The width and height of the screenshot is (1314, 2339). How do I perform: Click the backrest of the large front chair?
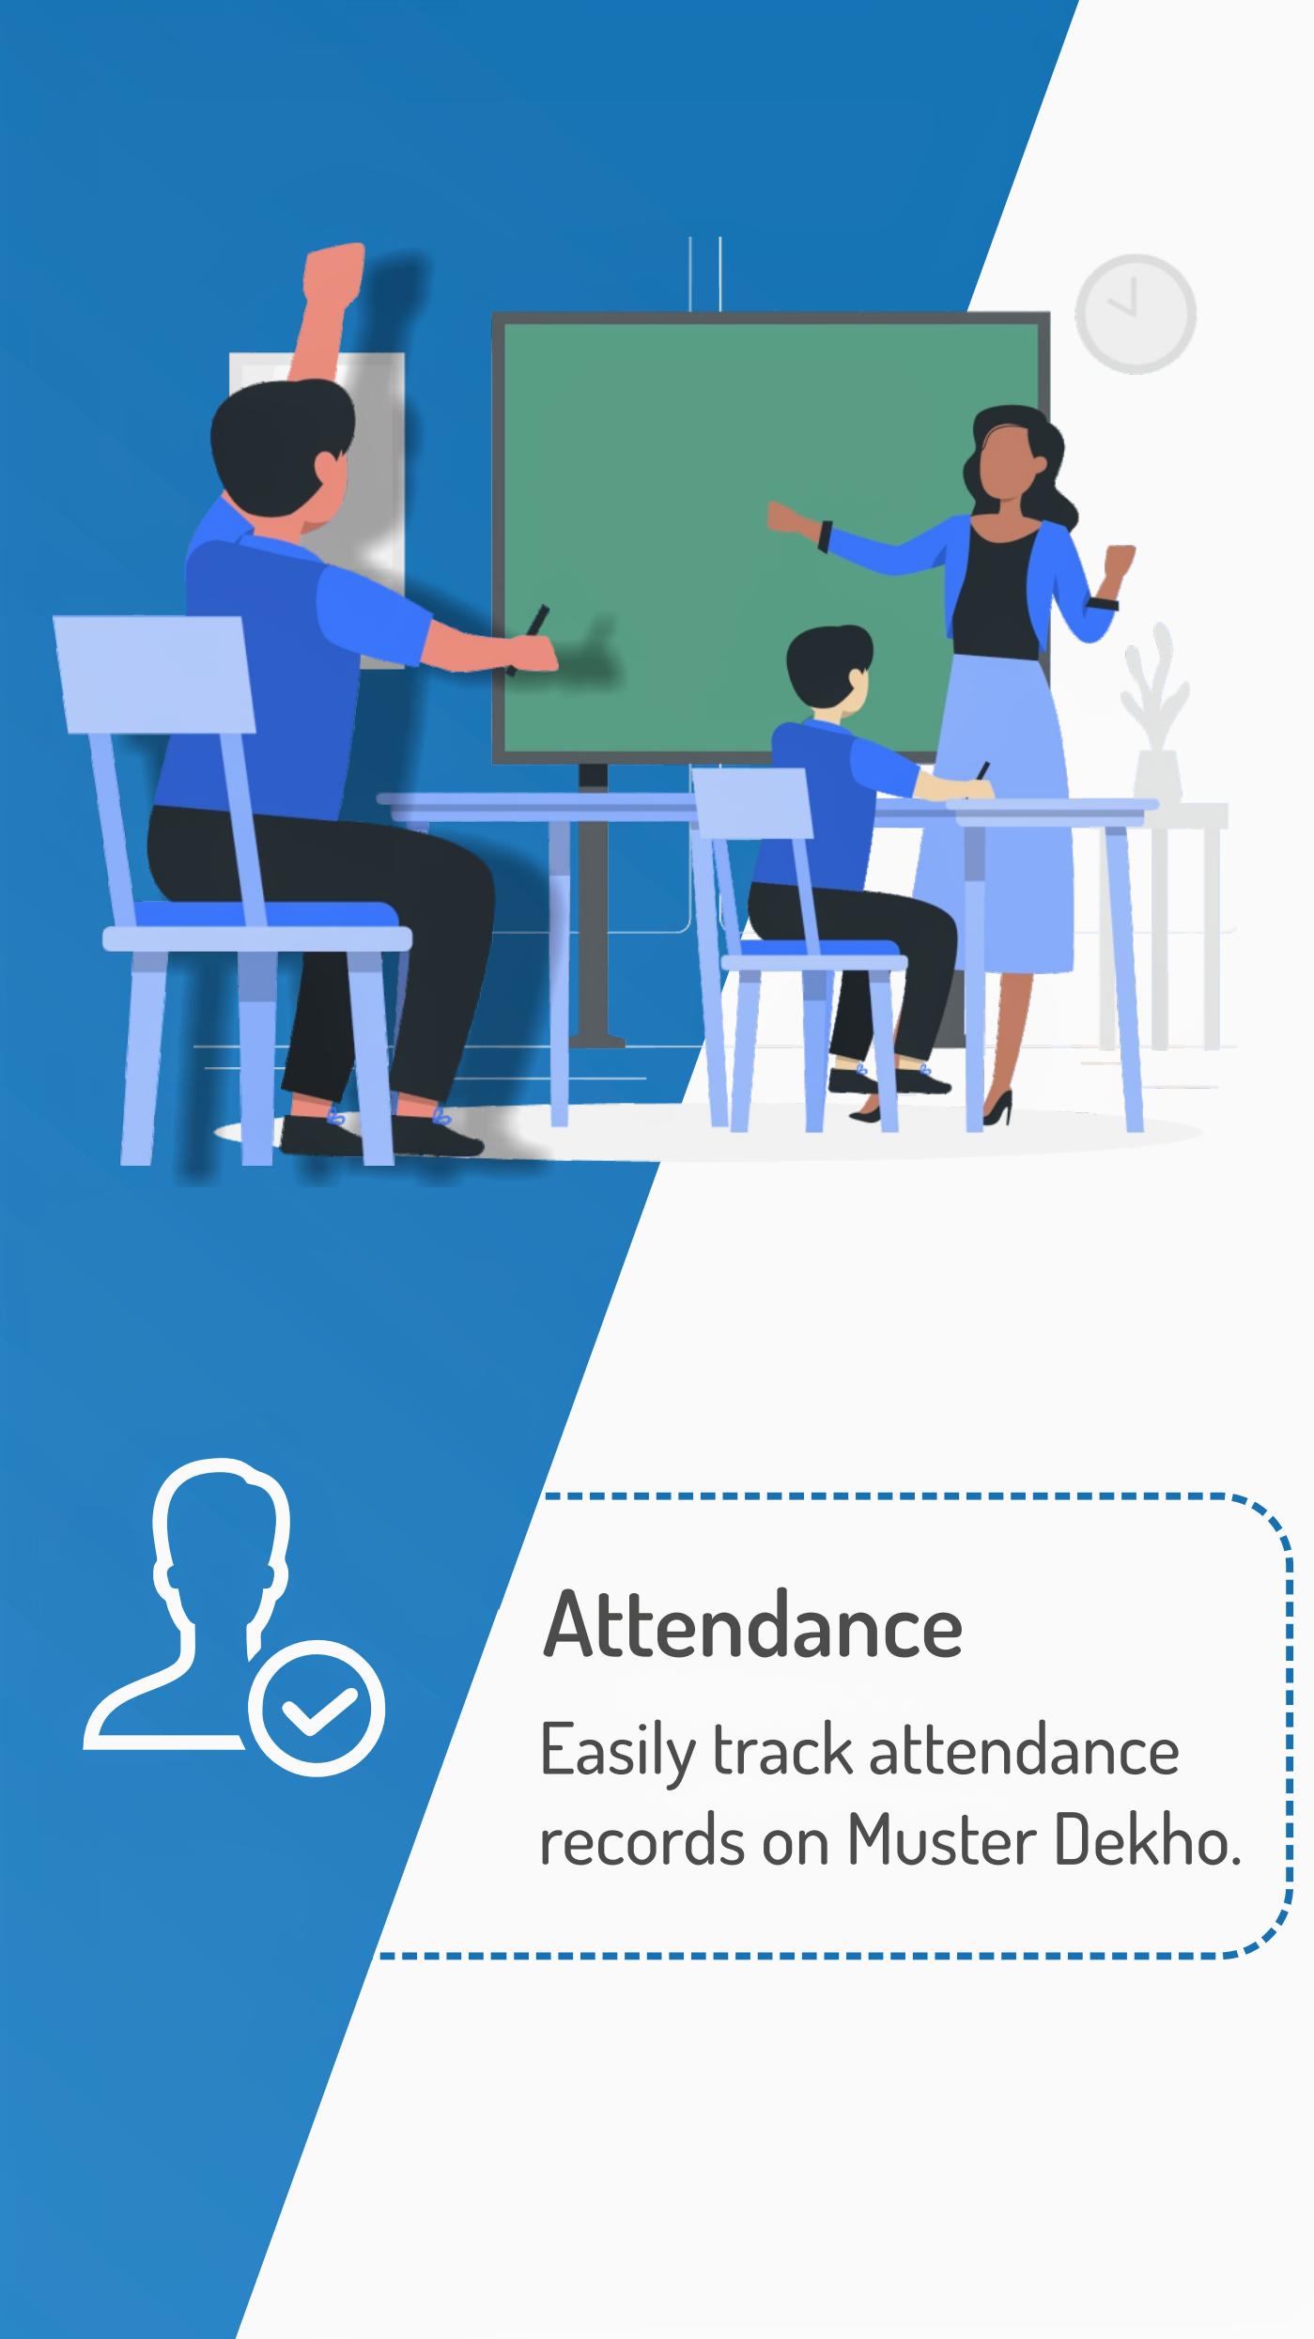coord(154,674)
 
